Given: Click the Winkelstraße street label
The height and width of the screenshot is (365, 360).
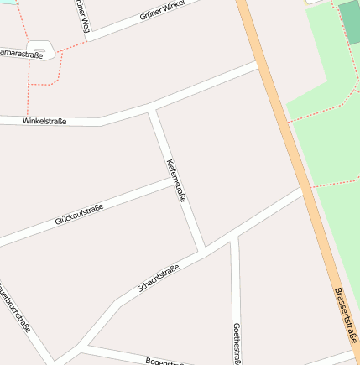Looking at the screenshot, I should tap(44, 121).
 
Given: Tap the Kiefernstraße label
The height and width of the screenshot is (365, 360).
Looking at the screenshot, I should tap(176, 180).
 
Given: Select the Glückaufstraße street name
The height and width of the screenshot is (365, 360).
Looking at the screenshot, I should tap(79, 214).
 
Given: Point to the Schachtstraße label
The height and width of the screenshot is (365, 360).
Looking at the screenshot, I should tap(158, 279).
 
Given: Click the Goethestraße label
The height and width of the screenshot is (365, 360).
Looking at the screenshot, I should tap(237, 342).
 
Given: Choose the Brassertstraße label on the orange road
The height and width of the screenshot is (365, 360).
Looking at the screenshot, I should tap(346, 315).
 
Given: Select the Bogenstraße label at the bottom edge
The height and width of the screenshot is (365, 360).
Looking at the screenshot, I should tap(164, 362).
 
